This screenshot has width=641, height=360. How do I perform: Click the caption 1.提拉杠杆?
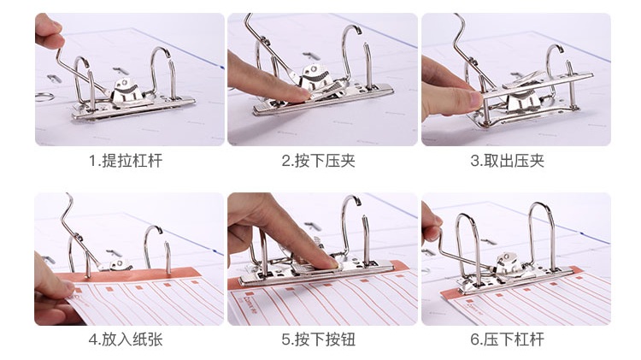[x=125, y=161]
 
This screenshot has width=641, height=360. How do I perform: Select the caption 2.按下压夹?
[x=318, y=161]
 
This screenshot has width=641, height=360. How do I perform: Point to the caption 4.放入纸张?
[x=125, y=339]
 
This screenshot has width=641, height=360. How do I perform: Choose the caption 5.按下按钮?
[x=318, y=339]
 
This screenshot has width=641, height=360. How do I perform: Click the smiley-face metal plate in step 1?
[x=125, y=87]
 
